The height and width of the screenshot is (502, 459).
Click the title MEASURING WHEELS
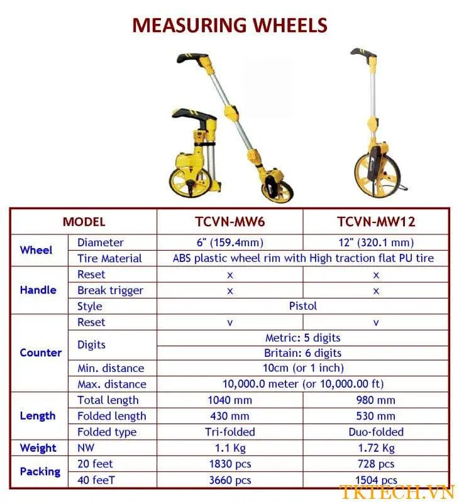pyautogui.click(x=229, y=25)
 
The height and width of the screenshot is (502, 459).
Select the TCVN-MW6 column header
pyautogui.click(x=229, y=222)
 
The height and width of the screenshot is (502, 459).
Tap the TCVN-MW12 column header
pyautogui.click(x=376, y=222)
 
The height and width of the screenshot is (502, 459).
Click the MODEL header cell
pyautogui.click(x=84, y=222)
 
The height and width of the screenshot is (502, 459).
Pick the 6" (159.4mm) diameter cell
pyautogui.click(x=229, y=243)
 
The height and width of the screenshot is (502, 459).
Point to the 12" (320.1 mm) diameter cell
pyautogui.click(x=376, y=243)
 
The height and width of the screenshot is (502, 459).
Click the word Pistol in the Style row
pyautogui.click(x=302, y=306)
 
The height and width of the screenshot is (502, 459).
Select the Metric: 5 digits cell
pyautogui.click(x=302, y=337)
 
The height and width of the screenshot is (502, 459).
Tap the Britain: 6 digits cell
pyautogui.click(x=302, y=353)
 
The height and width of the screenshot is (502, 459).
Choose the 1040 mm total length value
pyautogui.click(x=229, y=400)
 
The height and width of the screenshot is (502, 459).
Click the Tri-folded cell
pyautogui.click(x=229, y=432)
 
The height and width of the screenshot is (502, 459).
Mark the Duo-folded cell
pyautogui.click(x=376, y=432)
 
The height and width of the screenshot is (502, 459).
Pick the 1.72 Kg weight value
pyautogui.click(x=376, y=448)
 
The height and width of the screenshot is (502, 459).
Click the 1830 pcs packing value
pyautogui.click(x=229, y=464)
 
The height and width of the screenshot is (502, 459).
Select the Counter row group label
pyautogui.click(x=41, y=352)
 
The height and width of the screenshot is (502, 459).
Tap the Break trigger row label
pyautogui.click(x=110, y=290)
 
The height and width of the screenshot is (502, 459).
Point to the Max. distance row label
pyautogui.click(x=112, y=384)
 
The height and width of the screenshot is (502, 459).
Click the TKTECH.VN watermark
pyautogui.click(x=397, y=491)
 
